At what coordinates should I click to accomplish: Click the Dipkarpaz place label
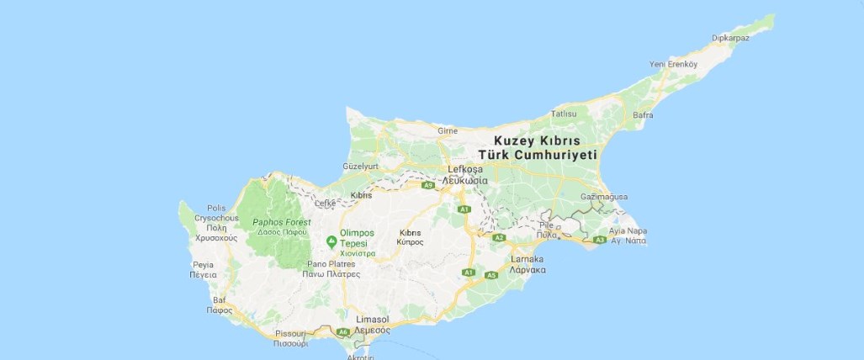(x=729, y=38)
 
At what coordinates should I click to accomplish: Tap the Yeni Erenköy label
(x=674, y=64)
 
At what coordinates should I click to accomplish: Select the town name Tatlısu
(x=563, y=114)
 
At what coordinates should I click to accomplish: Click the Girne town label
(x=447, y=130)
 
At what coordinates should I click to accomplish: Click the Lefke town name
(x=325, y=204)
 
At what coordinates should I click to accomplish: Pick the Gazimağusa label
(x=604, y=197)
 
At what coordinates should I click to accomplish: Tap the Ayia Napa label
(x=628, y=230)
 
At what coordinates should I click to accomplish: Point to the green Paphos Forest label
(x=282, y=222)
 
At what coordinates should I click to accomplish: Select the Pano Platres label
(x=331, y=263)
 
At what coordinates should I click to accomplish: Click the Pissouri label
(x=290, y=333)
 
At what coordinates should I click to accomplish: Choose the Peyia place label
(x=203, y=264)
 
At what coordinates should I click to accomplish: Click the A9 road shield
(x=429, y=184)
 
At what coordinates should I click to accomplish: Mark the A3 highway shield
(x=600, y=241)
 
